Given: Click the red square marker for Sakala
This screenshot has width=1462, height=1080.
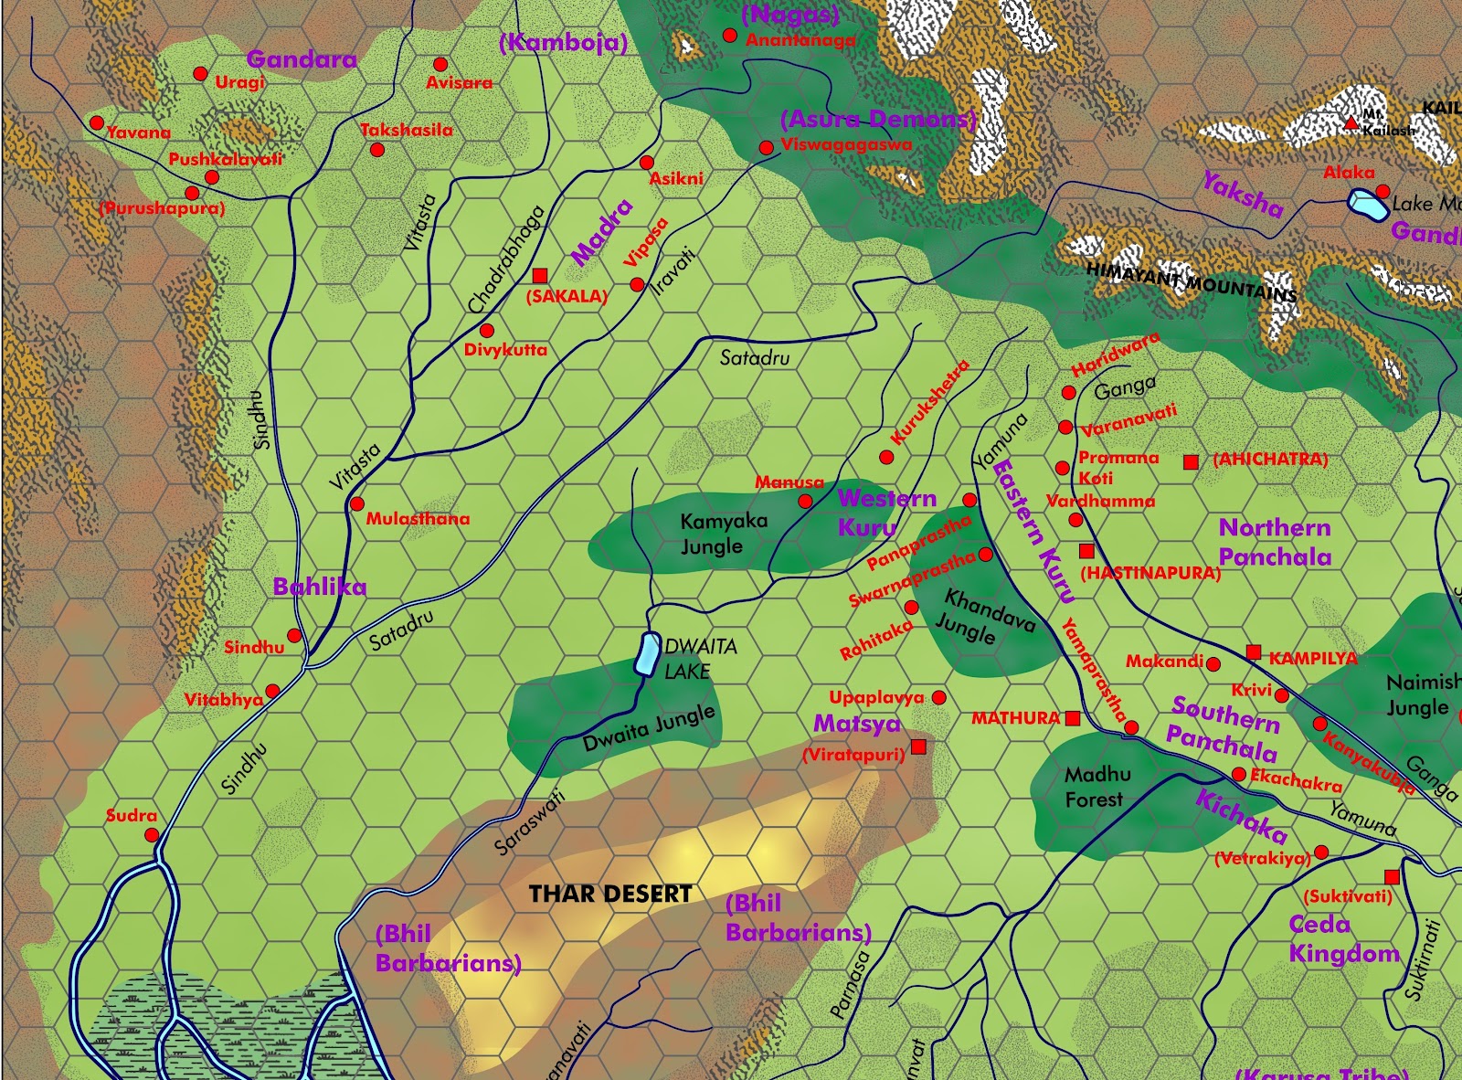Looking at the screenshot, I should click(x=539, y=275).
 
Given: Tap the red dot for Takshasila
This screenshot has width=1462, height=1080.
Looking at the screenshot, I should click(x=377, y=150).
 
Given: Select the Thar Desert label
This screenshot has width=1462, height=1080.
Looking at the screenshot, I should click(x=610, y=894).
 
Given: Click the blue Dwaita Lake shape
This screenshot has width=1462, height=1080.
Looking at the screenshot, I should click(x=648, y=654).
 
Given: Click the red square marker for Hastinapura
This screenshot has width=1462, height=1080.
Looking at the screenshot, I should click(x=1086, y=551).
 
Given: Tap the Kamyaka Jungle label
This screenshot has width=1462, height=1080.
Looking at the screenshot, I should click(x=723, y=534).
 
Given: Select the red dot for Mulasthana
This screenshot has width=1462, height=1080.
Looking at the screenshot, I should click(x=357, y=504).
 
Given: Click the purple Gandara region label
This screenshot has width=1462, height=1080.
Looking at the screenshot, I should click(x=302, y=59).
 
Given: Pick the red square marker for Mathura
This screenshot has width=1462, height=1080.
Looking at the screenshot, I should click(x=1073, y=718).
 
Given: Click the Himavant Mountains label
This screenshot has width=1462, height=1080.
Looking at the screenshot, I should click(x=1191, y=281).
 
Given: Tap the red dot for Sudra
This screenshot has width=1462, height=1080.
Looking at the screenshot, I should click(x=152, y=835).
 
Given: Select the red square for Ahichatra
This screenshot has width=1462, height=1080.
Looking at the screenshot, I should click(x=1191, y=462).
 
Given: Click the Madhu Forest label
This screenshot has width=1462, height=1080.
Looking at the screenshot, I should click(x=1096, y=787).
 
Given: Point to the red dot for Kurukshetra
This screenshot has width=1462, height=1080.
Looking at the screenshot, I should click(x=886, y=457).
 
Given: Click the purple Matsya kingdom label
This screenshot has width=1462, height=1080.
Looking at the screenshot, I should click(x=857, y=724).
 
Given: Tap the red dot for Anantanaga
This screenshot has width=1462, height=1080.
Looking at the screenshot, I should click(x=730, y=36).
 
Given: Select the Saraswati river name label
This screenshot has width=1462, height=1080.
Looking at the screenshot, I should click(x=530, y=822).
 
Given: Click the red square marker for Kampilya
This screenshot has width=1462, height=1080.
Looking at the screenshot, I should click(x=1254, y=652).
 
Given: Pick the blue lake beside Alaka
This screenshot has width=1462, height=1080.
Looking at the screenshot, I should click(x=1368, y=205).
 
